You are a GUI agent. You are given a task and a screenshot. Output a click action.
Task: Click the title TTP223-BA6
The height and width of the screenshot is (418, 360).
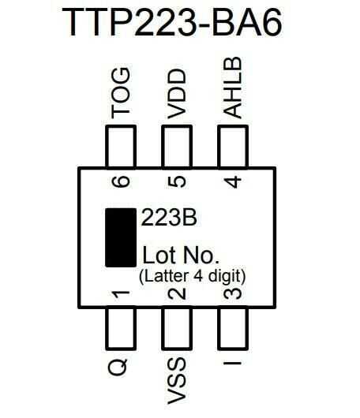coord(172,22)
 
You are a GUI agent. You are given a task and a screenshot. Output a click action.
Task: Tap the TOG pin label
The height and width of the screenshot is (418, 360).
coord(121,92)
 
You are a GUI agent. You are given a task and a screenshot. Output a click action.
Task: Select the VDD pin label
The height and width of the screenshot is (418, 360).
coord(177,94)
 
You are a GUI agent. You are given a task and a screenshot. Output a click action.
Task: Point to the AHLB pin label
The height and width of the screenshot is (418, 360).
coord(232,88)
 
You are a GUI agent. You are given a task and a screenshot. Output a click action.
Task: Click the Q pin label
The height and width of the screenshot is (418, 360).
coord(118,367)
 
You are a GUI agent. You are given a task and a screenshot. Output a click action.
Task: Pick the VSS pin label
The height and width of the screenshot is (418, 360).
coord(177,381)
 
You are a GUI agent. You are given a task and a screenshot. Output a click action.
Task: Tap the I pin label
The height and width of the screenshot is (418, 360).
coord(232,363)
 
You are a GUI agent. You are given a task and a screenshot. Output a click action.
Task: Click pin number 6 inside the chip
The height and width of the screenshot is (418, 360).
coord(121,182)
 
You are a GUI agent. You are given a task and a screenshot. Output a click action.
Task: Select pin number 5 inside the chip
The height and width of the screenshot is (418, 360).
coord(177,182)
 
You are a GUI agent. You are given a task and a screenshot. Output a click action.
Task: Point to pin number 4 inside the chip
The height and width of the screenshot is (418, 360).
coord(232,182)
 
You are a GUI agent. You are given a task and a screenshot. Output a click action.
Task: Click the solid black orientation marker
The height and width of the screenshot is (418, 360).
coord(121,238)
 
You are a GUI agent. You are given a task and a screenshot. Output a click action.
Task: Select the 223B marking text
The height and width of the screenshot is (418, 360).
coord(169,218)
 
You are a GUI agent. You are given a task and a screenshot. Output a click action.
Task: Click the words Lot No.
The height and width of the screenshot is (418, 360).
coord(181,255)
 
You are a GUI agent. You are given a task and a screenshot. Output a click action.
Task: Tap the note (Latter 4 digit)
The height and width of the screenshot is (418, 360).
coord(192,277)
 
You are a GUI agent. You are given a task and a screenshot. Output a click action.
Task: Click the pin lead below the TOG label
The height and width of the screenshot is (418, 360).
coord(121,147)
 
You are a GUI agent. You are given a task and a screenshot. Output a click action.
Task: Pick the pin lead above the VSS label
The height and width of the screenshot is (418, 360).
coord(177,329)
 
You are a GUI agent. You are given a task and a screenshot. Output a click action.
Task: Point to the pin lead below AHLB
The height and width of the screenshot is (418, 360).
coord(233,147)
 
